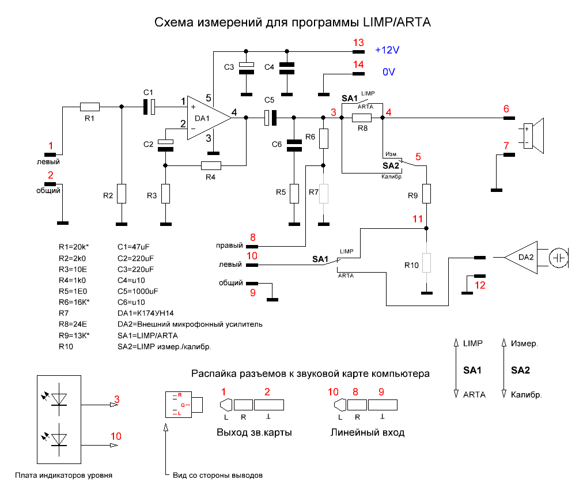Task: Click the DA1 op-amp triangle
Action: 206,118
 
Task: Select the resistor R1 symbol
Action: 89,107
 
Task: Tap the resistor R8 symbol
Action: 362,118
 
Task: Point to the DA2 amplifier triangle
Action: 521,258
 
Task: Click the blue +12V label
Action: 387,50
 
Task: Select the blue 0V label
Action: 389,73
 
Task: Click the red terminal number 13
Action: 358,43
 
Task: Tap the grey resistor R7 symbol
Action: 324,193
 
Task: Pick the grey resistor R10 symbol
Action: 426,263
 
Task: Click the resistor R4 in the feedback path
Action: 210,165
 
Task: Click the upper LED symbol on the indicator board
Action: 58,398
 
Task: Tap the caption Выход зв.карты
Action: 253,432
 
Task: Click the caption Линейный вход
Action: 368,432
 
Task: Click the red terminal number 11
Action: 418,219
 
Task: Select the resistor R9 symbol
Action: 426,193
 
